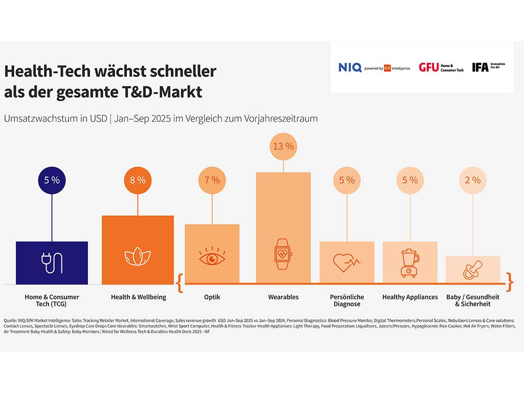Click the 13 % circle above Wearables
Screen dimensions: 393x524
pos(283,146)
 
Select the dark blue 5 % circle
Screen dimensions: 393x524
pos(52,180)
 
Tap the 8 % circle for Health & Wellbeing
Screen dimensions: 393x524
pos(138,180)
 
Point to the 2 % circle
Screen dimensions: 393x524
pos(472,180)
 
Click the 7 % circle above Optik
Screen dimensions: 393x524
pos(212,180)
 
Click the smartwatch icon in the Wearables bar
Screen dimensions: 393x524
pos(283,254)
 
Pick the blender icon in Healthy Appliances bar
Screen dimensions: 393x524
pos(409,263)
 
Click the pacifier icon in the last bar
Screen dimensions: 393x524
pos(472,270)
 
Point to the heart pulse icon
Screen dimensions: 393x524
pos(346,263)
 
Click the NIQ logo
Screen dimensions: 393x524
pos(350,68)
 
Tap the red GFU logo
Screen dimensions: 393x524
pos(428,68)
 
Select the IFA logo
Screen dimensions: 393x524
pos(480,67)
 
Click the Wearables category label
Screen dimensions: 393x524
pos(283,297)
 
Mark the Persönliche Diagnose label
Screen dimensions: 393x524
pos(346,300)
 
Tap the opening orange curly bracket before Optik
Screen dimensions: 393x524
pos(179,281)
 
